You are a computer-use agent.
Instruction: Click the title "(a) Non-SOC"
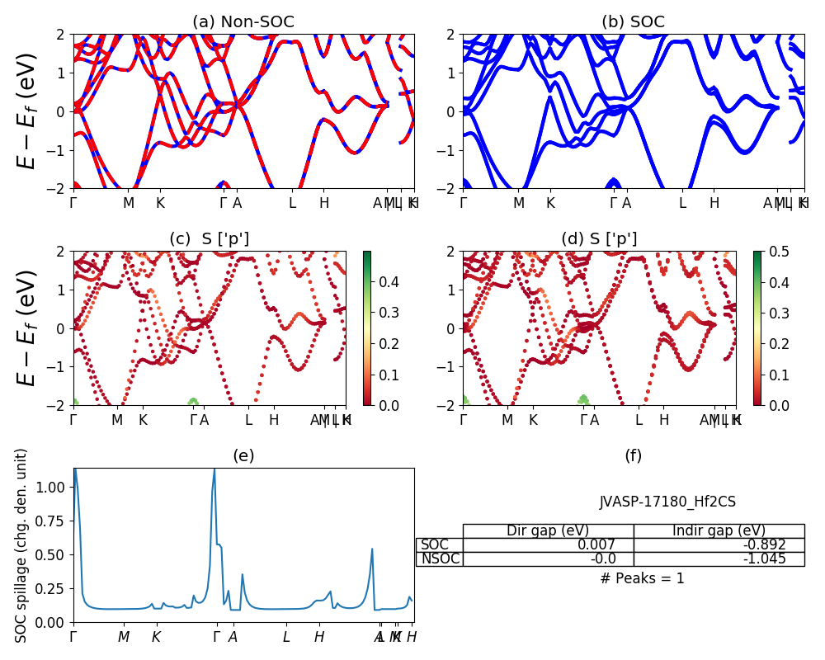click(x=243, y=22)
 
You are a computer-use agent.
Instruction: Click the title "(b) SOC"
click(x=633, y=22)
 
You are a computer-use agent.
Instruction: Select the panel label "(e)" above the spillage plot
click(x=243, y=455)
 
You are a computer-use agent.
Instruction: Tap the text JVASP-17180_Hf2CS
click(x=667, y=502)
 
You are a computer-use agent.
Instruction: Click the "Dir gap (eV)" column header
click(x=548, y=530)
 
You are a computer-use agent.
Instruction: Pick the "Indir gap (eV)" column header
click(x=719, y=530)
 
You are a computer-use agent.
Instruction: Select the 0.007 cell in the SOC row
click(x=603, y=544)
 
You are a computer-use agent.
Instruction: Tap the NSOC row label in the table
click(x=440, y=559)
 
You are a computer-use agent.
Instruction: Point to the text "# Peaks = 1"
click(x=642, y=578)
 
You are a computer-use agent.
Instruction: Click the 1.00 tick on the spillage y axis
click(x=51, y=487)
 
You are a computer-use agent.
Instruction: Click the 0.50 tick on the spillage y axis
click(x=51, y=554)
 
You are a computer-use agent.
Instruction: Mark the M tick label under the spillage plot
click(x=123, y=637)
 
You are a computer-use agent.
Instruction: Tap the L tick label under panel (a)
click(x=292, y=203)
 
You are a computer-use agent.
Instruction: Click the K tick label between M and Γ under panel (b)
click(x=550, y=203)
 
